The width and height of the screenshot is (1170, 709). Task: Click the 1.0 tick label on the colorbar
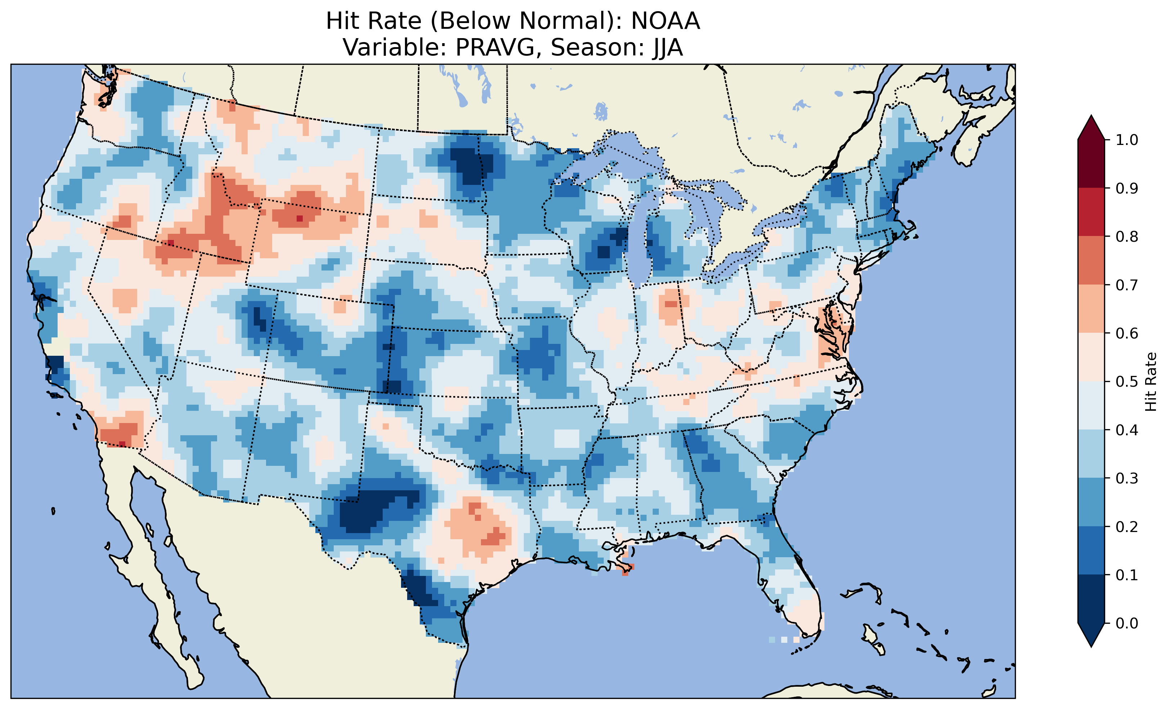coord(1127,140)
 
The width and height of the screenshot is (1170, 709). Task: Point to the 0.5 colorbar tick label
coord(1127,382)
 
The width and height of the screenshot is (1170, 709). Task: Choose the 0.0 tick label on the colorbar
coord(1127,623)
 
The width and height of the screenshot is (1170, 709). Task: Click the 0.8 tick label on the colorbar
coord(1127,236)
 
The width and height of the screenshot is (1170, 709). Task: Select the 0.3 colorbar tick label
coord(1127,478)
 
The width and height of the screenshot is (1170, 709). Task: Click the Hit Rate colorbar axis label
coord(1151,382)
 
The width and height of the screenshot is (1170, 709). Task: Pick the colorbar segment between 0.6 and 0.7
coord(1091,309)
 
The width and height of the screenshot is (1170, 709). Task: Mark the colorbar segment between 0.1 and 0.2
coord(1091,550)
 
